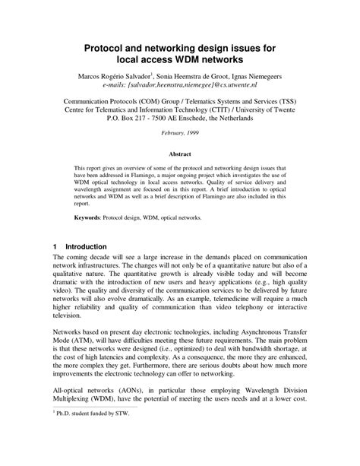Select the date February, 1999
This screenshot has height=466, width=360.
tap(180, 133)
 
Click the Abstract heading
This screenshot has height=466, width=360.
tap(180, 153)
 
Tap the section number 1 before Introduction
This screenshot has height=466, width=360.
tap(55, 246)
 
